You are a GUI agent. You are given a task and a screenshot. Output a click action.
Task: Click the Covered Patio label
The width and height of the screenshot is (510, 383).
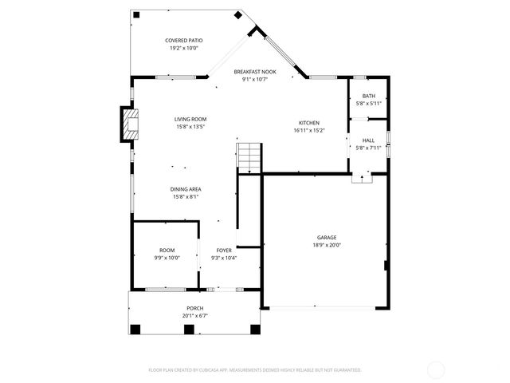183,40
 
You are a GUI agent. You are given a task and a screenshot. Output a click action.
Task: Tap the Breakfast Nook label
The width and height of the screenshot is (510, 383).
255,71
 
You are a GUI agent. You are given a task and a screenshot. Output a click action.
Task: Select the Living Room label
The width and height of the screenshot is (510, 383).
190,119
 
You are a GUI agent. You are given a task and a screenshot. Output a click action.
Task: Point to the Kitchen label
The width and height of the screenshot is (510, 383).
308,122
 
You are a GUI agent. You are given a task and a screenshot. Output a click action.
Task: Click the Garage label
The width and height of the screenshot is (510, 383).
327,237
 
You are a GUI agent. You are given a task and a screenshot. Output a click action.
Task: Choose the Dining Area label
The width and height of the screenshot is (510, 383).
185,189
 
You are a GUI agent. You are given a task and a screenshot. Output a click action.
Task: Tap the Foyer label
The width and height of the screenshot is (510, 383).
224,250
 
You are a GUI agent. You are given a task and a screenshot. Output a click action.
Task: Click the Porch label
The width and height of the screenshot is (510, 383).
195,308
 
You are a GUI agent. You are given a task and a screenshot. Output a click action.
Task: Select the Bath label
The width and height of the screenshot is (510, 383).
368,96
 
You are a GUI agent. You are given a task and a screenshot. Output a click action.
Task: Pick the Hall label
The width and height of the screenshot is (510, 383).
368,140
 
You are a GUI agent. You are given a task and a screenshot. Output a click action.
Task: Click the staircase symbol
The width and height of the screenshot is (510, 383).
249,157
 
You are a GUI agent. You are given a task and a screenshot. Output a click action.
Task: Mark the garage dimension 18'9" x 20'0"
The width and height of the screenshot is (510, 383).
327,245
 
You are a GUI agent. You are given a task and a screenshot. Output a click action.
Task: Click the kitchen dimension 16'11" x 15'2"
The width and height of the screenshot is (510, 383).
308,130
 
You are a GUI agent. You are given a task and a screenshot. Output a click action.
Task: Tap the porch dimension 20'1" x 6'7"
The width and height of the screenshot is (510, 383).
195,316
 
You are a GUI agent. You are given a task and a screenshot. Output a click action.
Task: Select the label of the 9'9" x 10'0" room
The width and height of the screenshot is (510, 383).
167,250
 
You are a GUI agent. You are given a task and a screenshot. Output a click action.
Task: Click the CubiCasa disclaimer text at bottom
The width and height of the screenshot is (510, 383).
255,369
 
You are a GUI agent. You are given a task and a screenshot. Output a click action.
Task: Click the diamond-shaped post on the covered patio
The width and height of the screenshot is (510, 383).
237,15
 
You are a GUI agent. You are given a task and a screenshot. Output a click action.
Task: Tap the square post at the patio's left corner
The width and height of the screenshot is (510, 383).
135,14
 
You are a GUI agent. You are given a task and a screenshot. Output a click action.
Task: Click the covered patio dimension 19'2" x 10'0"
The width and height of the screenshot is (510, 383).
183,48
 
